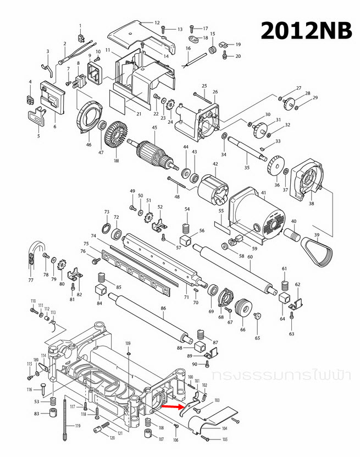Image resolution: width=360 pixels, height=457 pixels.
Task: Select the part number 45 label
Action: tap(155, 128)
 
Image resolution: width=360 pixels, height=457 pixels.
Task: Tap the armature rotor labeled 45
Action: tap(154, 153)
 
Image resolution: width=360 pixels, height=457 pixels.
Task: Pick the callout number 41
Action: tap(263, 192)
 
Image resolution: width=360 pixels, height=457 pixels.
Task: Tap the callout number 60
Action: tap(250, 257)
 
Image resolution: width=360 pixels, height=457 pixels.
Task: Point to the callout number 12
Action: tap(157, 23)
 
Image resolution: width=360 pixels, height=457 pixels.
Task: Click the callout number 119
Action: tap(77, 426)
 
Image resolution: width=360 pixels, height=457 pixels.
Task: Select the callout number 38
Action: tap(311, 203)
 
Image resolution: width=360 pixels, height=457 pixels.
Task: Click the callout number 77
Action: tap(31, 280)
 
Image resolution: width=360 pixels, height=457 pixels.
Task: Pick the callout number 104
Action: tap(224, 427)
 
